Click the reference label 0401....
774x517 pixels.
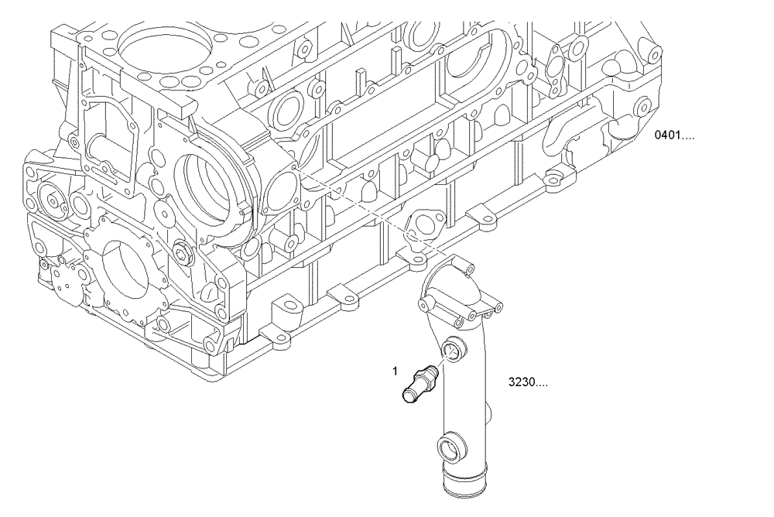(x=674, y=135)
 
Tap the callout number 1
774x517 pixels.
(x=394, y=371)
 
